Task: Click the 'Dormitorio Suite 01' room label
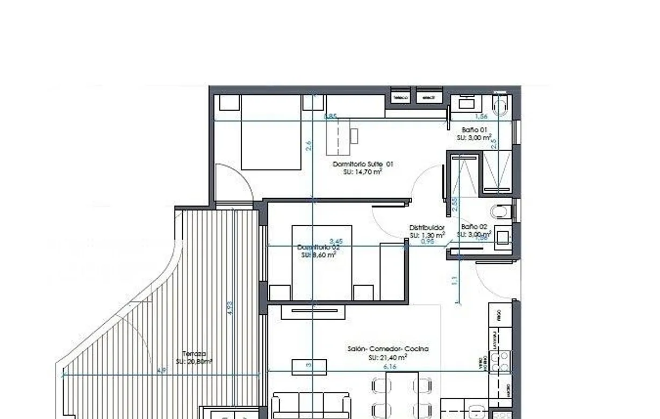tap(363, 164)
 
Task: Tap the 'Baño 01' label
tap(474, 130)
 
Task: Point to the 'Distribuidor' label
tap(427, 228)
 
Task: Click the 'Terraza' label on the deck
tap(194, 354)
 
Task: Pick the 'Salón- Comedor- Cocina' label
tap(388, 349)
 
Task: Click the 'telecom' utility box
tap(400, 97)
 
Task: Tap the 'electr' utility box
tap(428, 97)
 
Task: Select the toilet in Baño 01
tap(500, 106)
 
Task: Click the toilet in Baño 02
tap(500, 211)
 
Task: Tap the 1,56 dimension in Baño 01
tap(482, 117)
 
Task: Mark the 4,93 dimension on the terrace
tap(230, 307)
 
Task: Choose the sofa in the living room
tap(311, 406)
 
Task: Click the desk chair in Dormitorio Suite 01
tap(354, 136)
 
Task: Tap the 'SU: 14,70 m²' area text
tap(363, 172)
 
